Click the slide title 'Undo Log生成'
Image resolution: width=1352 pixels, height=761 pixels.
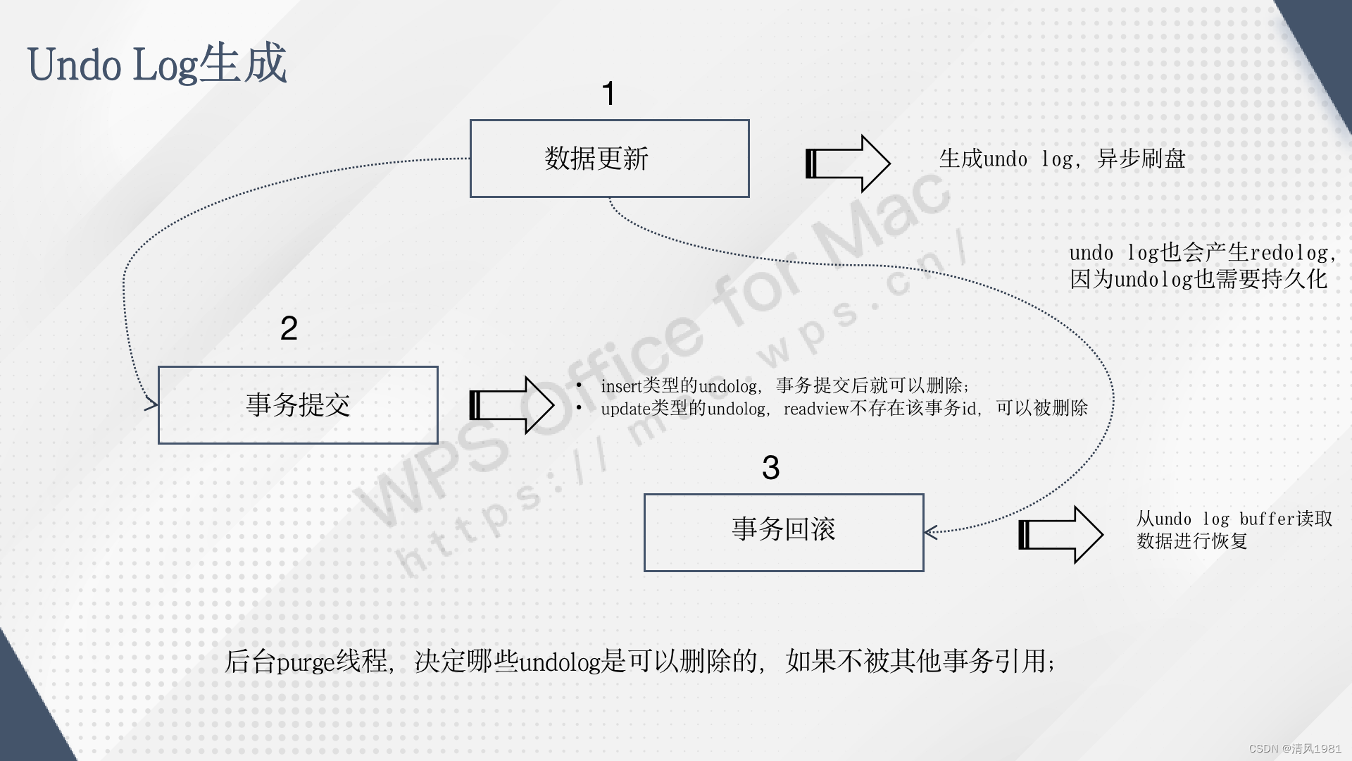coord(156,64)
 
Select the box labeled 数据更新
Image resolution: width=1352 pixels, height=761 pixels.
coord(609,159)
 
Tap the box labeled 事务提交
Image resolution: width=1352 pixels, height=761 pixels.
coord(298,405)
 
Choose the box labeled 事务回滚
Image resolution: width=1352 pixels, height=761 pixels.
coord(784,532)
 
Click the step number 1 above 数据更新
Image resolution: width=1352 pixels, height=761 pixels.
coord(609,94)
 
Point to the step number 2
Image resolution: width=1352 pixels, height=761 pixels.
coord(289,328)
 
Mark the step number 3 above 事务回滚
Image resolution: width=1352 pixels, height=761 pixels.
coord(771,468)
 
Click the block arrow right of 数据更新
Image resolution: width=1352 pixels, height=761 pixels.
coord(848,163)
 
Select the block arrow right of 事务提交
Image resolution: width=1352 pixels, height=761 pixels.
coord(512,405)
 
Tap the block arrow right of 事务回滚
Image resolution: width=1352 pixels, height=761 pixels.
coord(1060,535)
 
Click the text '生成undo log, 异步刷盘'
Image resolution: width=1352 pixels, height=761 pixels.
coord(1062,159)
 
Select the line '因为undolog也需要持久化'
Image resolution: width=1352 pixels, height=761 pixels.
coord(1198,280)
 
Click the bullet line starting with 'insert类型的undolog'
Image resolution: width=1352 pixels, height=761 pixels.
coord(784,386)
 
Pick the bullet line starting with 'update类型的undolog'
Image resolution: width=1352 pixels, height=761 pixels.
coord(844,409)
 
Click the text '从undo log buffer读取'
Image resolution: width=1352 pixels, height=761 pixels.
coord(1234,519)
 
